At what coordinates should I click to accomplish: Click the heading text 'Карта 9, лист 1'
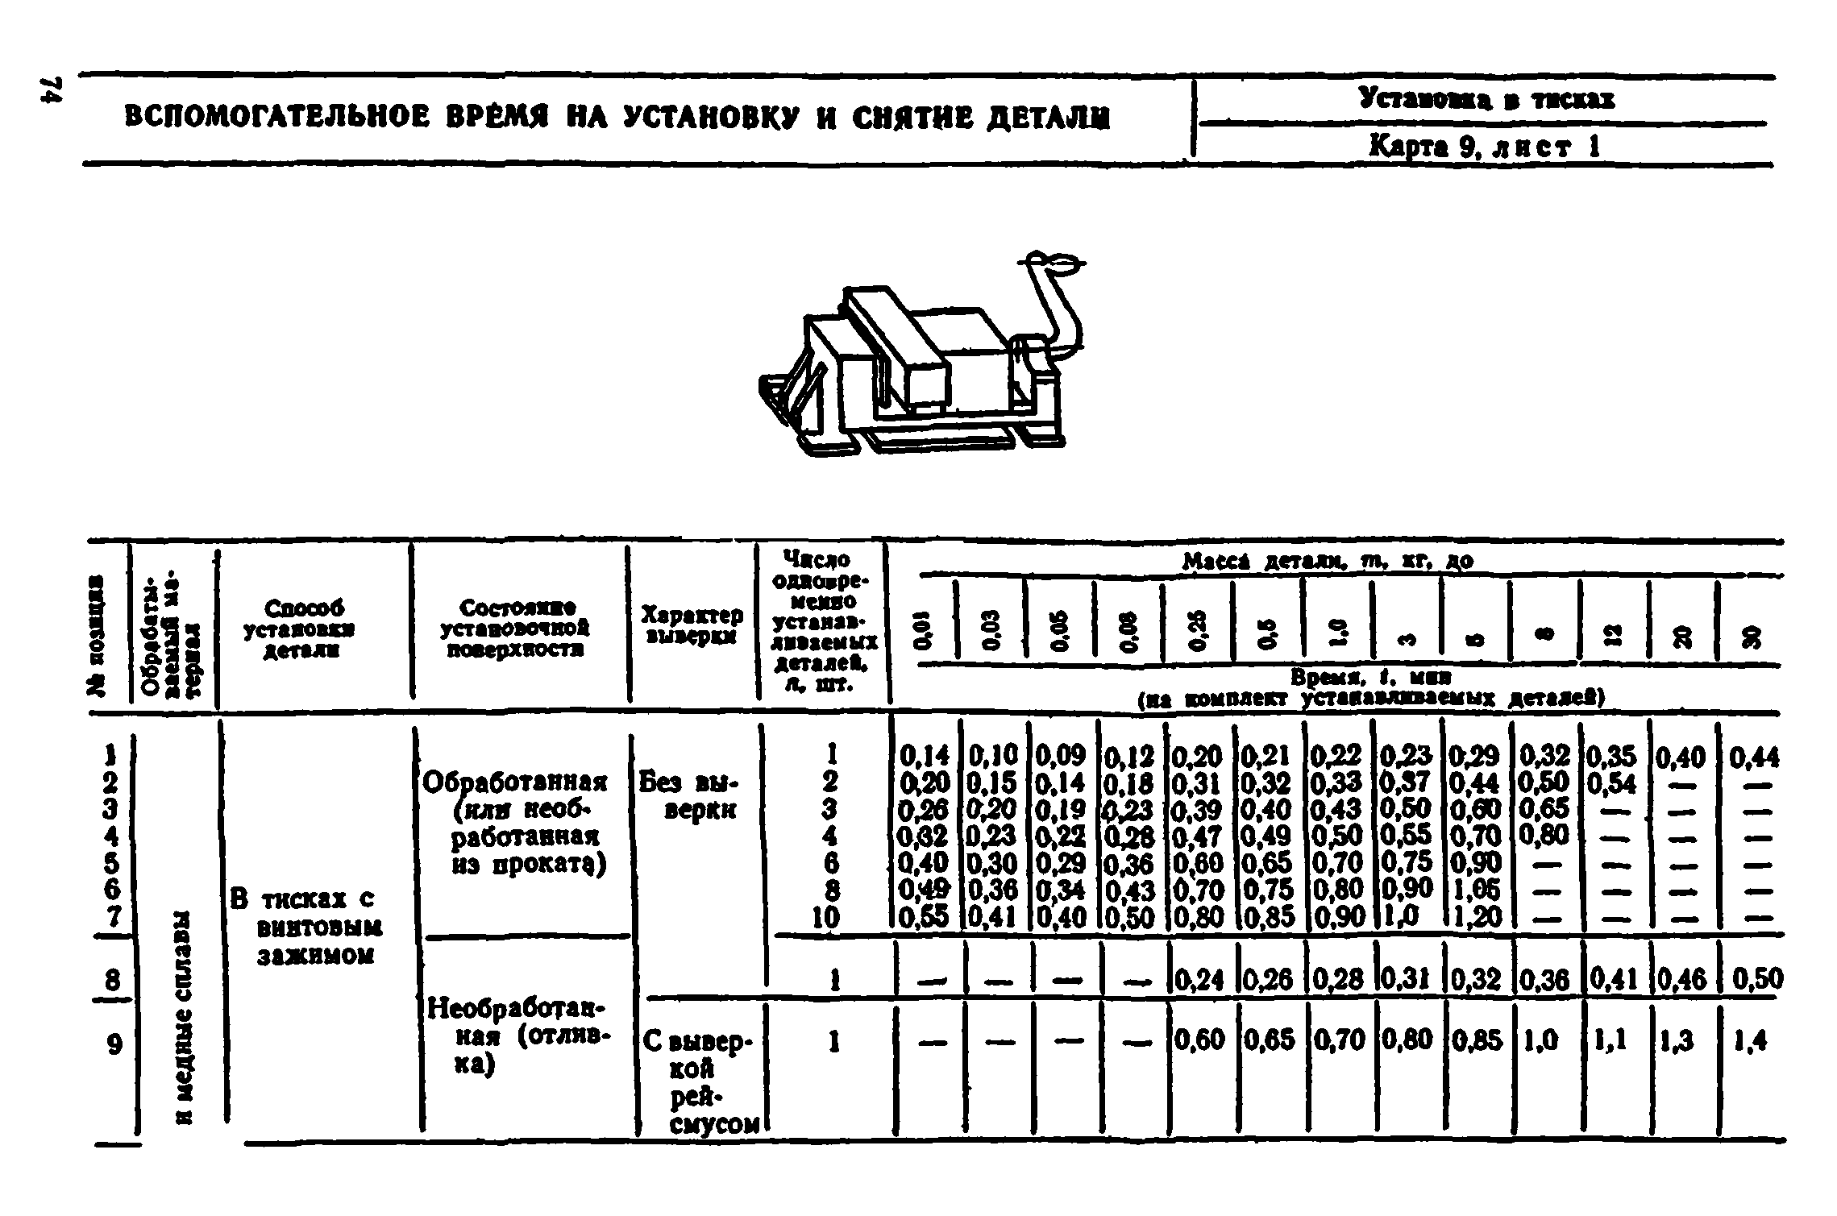[1484, 146]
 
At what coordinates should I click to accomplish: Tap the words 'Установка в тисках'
[1486, 99]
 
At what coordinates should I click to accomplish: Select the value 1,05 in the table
[1474, 890]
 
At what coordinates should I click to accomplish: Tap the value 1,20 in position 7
[1474, 917]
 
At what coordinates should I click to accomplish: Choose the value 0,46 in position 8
[1681, 979]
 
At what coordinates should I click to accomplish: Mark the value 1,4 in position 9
[1749, 1042]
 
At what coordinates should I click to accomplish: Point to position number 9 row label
[114, 1044]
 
